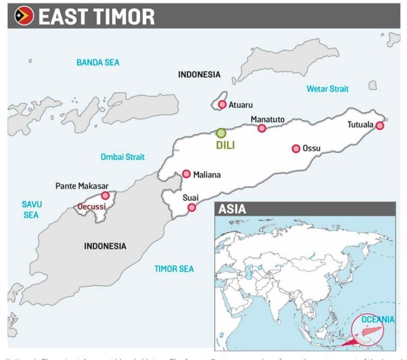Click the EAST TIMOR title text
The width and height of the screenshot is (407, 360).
pyautogui.click(x=96, y=16)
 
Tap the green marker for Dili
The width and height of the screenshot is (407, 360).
pyautogui.click(x=221, y=133)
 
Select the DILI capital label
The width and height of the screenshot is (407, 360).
pyautogui.click(x=225, y=145)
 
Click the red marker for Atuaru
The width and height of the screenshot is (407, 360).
pyautogui.click(x=222, y=104)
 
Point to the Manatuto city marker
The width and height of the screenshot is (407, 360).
pyautogui.click(x=262, y=128)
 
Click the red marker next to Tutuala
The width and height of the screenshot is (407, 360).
pyautogui.click(x=379, y=126)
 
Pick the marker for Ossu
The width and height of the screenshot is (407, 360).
pyautogui.click(x=296, y=148)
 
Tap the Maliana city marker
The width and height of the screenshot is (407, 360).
pyautogui.click(x=187, y=174)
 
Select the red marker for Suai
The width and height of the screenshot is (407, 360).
pyautogui.click(x=192, y=207)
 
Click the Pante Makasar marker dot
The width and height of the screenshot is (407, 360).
pyautogui.click(x=105, y=196)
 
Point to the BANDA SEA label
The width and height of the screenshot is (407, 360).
pyautogui.click(x=98, y=63)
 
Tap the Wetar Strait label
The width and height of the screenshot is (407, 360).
pyautogui.click(x=328, y=89)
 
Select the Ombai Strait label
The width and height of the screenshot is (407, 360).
pyautogui.click(x=122, y=157)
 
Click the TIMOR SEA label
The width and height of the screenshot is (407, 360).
pyautogui.click(x=174, y=269)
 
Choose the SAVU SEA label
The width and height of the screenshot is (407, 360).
pyautogui.click(x=31, y=209)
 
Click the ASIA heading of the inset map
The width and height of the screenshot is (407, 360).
pyautogui.click(x=232, y=209)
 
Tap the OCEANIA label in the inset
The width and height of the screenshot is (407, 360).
pyautogui.click(x=378, y=319)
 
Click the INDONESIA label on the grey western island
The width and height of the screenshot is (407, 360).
pyautogui.click(x=105, y=246)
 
